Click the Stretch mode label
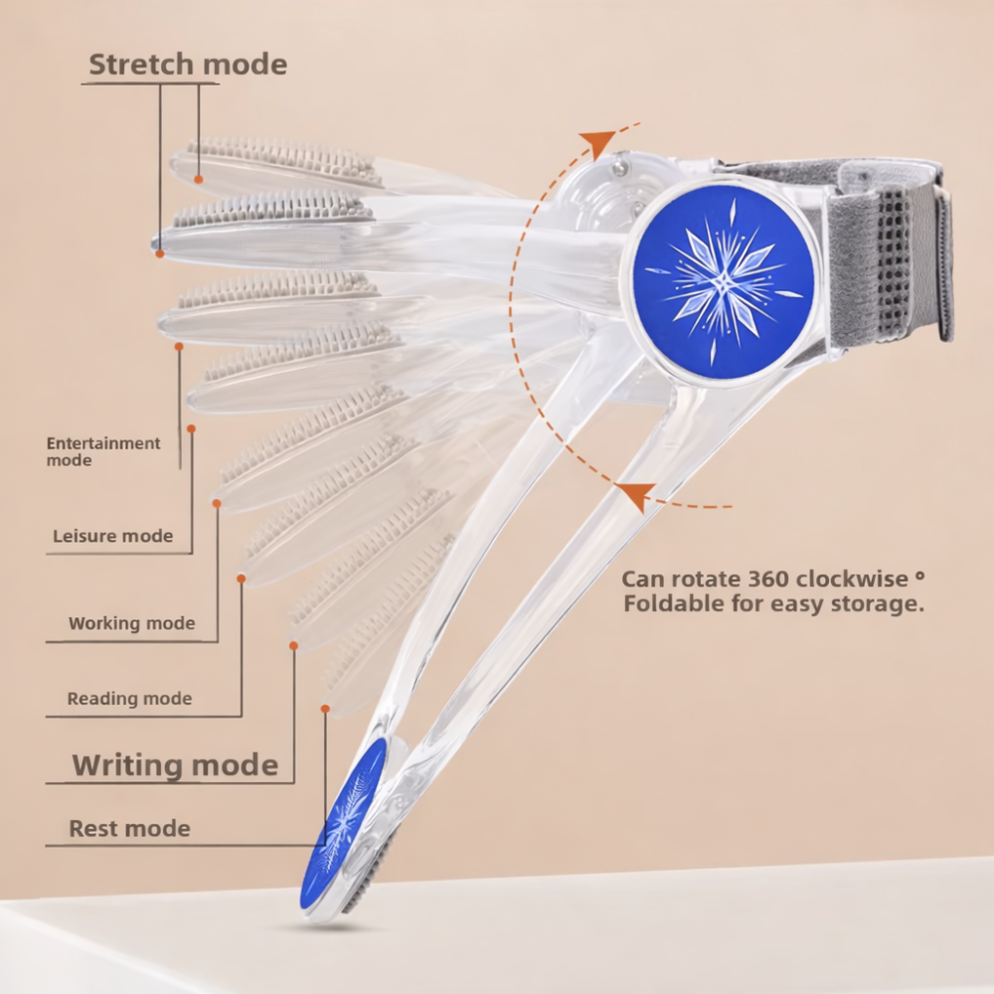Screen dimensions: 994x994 (188, 66)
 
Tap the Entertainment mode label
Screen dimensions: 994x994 (103, 451)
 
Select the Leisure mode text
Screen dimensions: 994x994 (112, 537)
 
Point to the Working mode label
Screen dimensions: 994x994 (131, 624)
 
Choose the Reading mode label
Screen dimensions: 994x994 (129, 699)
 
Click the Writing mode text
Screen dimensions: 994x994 (175, 765)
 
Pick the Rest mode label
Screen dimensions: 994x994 (129, 828)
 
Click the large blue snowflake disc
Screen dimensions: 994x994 (723, 281)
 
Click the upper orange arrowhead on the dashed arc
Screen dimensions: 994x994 (598, 144)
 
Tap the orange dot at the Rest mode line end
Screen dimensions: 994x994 (325, 709)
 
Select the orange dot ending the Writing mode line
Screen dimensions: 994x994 (293, 646)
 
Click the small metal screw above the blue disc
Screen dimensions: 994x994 (619, 170)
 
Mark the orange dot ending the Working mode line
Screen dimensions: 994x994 (217, 504)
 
